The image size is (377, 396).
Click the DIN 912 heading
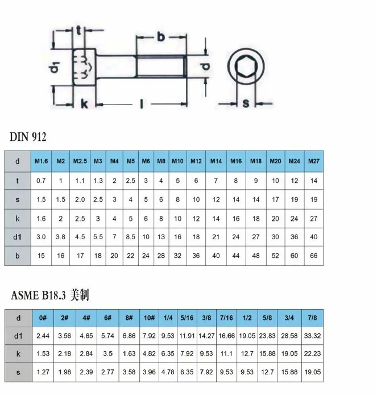click(x=28, y=137)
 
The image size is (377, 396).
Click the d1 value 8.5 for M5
click(x=130, y=237)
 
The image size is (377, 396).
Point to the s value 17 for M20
click(x=275, y=199)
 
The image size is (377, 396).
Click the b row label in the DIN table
click(x=18, y=256)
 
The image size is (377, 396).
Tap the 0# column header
click(x=43, y=318)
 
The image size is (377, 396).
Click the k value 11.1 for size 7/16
click(x=226, y=353)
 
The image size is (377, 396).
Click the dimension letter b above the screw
click(x=161, y=37)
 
